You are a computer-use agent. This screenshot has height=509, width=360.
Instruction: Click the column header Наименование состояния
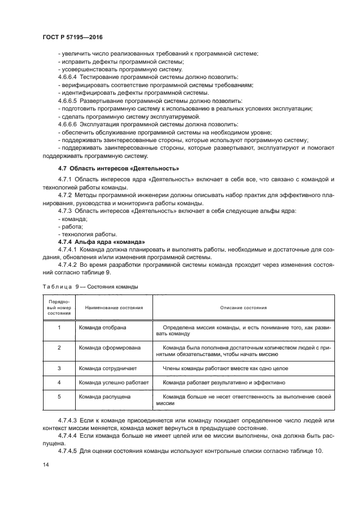click(x=111, y=308)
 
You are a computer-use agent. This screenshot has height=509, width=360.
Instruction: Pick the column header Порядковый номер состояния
click(x=58, y=308)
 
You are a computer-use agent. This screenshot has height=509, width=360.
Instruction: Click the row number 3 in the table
click(x=58, y=369)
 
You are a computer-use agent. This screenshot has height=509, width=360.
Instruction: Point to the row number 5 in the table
click(x=58, y=397)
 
